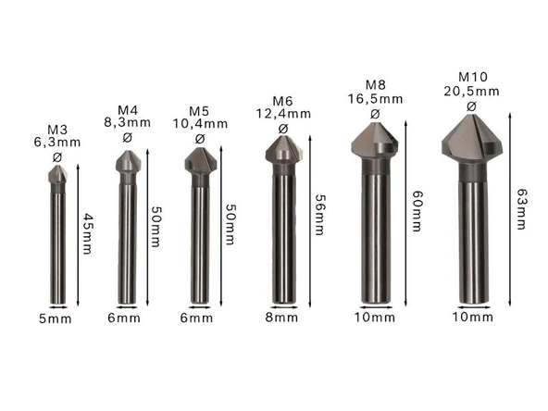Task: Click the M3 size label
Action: [57, 129]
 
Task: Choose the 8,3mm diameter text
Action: [127, 123]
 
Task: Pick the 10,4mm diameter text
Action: [200, 123]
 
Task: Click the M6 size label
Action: [282, 100]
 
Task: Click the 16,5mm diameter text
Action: [375, 97]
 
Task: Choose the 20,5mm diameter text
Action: [470, 91]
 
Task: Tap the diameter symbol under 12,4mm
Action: [282, 128]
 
